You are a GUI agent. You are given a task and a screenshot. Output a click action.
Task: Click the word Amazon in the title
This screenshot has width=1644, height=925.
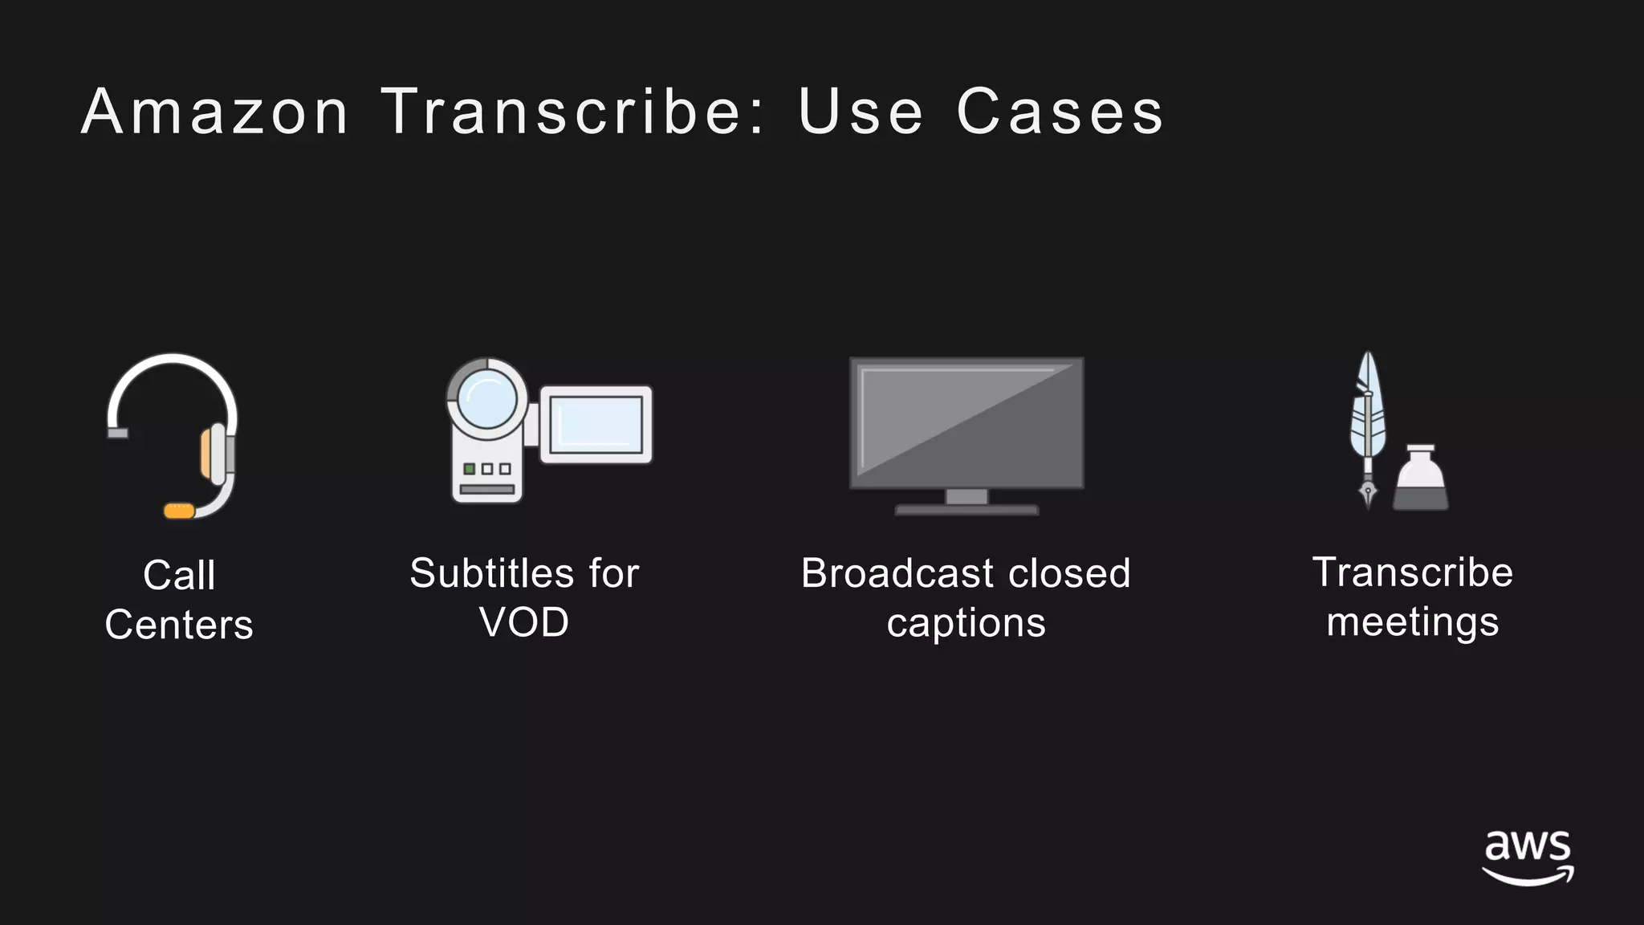point(215,112)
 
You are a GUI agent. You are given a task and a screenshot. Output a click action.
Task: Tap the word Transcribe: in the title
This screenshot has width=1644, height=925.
point(573,112)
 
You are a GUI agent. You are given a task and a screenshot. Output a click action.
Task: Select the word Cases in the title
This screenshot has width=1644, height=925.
point(1060,112)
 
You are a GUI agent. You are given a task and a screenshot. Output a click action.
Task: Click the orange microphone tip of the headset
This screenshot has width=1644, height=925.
point(179,511)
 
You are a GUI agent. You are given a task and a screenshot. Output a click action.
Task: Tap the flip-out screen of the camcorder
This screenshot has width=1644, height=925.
point(596,425)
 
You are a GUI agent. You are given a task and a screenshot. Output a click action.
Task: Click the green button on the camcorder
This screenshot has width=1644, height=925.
point(470,469)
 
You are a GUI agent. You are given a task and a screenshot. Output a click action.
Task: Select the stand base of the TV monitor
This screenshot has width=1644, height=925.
point(966,509)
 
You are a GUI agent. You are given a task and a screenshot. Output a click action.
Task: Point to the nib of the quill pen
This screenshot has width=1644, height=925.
point(1368,492)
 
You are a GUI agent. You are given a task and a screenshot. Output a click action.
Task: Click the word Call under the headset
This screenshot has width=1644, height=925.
point(179,575)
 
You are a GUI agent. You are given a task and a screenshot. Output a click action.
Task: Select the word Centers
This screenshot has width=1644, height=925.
point(179,625)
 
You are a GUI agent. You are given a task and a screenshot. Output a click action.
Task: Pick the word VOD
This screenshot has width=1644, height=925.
point(524,622)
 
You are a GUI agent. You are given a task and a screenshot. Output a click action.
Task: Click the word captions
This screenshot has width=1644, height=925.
point(966,623)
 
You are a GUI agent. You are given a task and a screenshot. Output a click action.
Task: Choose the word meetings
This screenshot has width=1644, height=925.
point(1413,622)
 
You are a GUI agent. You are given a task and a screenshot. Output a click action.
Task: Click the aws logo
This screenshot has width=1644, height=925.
point(1528,858)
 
